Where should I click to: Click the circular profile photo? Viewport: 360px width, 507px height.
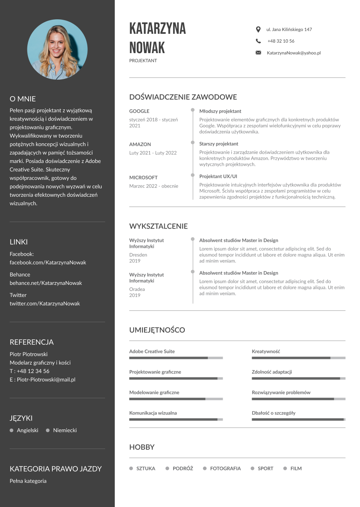click(57, 49)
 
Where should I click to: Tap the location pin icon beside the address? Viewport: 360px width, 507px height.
click(258, 29)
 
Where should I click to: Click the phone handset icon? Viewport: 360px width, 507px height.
click(258, 41)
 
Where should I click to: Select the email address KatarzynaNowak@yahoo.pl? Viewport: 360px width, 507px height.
click(294, 53)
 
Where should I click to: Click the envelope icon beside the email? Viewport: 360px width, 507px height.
click(258, 53)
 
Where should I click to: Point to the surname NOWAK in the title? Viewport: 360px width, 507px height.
click(147, 48)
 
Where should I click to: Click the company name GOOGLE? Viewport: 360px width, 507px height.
click(139, 111)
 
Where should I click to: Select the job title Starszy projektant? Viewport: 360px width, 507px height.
click(219, 144)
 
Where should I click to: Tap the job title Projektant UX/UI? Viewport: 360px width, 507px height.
click(218, 176)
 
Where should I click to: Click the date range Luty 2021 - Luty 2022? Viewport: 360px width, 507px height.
click(153, 153)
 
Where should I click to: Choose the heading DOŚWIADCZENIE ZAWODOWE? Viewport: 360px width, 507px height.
click(183, 97)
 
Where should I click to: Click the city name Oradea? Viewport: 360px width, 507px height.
click(137, 289)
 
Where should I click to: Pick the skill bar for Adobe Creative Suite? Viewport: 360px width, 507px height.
click(176, 358)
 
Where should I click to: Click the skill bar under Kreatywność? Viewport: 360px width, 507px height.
click(298, 358)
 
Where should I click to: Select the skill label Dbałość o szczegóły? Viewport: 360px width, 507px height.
click(273, 413)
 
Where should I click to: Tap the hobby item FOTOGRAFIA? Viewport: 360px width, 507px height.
click(225, 468)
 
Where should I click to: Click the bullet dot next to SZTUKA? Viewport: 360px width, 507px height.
click(131, 468)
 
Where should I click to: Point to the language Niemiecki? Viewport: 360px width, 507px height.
click(65, 430)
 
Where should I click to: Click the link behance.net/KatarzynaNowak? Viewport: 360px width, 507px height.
click(46, 283)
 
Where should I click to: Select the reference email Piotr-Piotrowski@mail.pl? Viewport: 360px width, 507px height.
click(46, 379)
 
